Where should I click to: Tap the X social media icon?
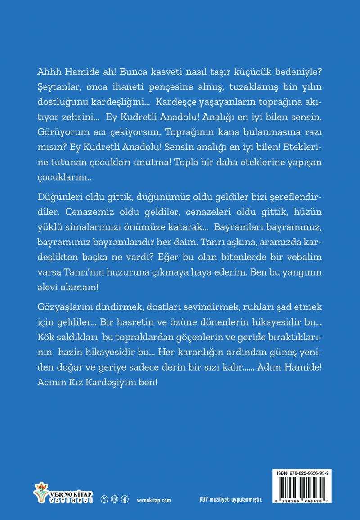105,499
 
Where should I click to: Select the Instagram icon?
115,499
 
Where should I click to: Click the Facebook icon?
125,499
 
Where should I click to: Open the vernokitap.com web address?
153,500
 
